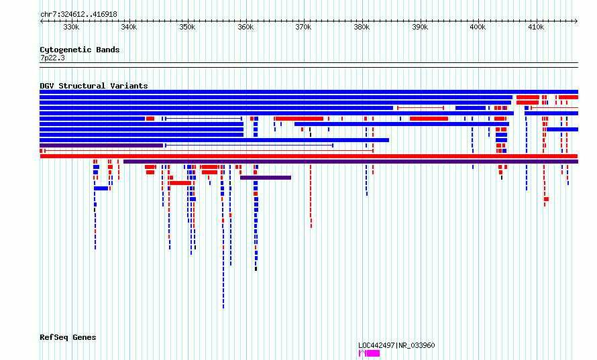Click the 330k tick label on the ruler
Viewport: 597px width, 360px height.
point(71,27)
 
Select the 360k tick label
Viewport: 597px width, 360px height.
point(246,27)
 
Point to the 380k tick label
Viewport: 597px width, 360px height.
point(362,27)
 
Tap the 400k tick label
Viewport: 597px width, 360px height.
point(478,27)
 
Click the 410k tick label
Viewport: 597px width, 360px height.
point(536,27)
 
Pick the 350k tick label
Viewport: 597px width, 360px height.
point(187,27)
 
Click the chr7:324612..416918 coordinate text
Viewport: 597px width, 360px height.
point(78,15)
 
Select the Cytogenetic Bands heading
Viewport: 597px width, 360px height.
point(80,50)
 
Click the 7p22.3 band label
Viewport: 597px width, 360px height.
point(52,58)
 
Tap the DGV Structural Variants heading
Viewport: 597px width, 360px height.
point(94,86)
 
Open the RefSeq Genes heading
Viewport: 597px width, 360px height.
point(68,337)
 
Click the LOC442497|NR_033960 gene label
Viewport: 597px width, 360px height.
point(396,345)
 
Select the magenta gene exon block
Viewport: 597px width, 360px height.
point(373,353)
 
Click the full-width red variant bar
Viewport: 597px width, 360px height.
point(309,156)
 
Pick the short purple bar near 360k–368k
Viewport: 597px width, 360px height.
point(266,178)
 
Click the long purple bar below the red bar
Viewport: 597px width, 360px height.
point(351,162)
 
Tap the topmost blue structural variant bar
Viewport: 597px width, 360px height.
point(309,92)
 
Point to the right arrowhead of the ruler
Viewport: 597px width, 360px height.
point(576,21)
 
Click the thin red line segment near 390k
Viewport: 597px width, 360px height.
point(421,108)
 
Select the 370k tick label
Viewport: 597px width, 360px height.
point(303,27)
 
